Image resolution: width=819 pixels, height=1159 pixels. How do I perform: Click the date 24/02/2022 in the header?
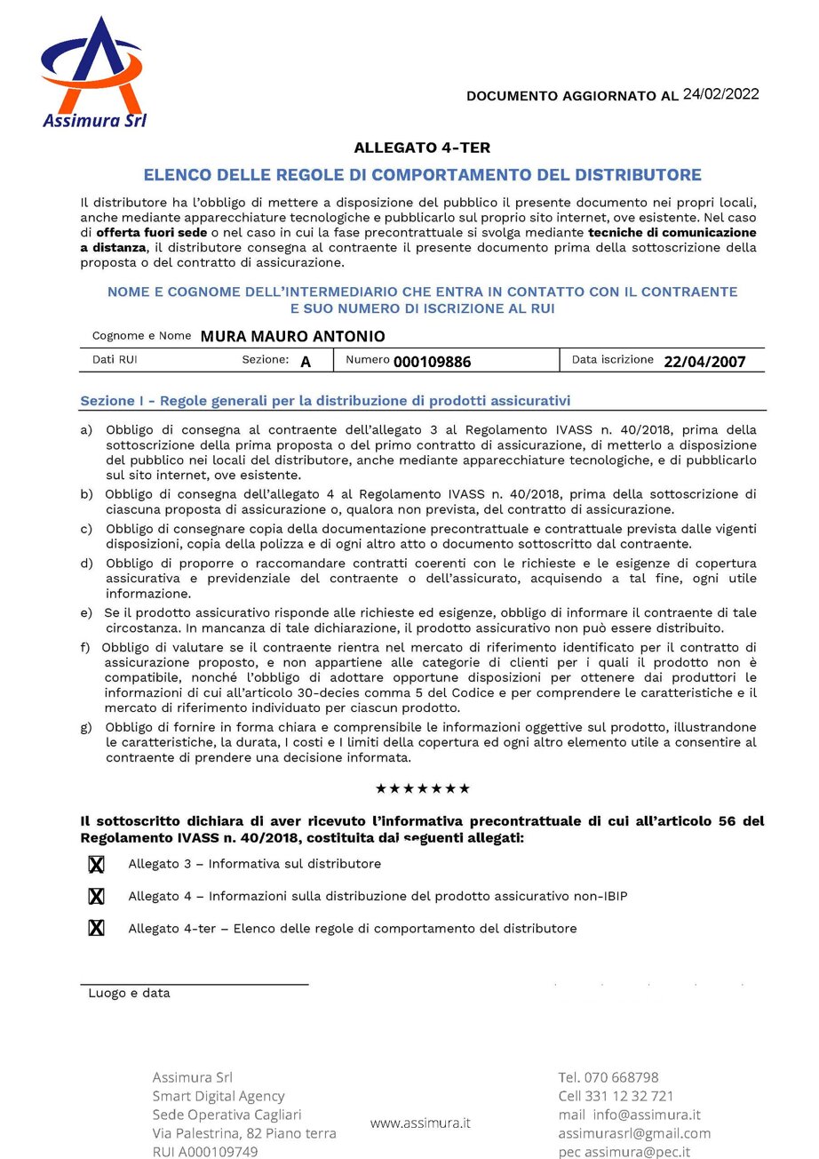tap(720, 94)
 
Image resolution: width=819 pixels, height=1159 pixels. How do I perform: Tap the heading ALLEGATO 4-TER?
tap(422, 148)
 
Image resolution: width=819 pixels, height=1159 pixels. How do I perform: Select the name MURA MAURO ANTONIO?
tap(292, 336)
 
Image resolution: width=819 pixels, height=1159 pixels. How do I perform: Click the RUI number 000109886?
tap(432, 362)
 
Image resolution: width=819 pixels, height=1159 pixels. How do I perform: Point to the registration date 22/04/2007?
tap(704, 362)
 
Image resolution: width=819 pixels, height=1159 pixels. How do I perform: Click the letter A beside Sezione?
tap(306, 362)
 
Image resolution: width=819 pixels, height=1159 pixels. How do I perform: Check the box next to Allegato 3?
tap(96, 865)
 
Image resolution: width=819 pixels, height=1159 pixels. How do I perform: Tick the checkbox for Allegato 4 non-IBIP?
tap(96, 897)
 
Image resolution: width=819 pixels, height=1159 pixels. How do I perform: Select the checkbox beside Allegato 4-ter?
tap(96, 929)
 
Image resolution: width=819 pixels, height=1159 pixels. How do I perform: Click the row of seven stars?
tap(422, 788)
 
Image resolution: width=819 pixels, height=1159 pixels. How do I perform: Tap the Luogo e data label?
tap(129, 994)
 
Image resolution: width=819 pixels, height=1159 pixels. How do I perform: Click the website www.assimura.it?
tap(420, 1123)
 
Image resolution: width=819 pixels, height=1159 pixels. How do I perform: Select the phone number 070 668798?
tap(622, 1077)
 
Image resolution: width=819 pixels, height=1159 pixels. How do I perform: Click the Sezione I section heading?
tap(325, 401)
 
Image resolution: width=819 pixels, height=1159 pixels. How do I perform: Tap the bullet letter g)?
tap(86, 728)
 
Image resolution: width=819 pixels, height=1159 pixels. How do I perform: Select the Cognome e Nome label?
tap(142, 336)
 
